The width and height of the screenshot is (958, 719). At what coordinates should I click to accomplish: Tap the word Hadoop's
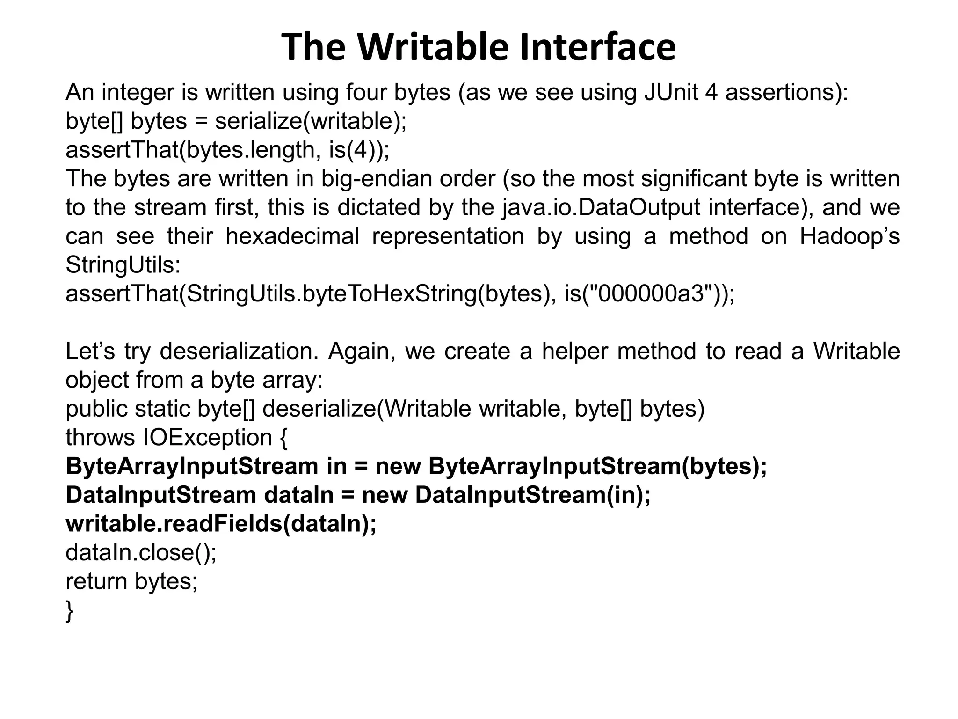(849, 236)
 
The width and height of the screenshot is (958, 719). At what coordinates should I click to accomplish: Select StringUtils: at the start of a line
(123, 265)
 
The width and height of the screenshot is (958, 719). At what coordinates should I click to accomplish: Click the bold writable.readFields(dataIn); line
(221, 524)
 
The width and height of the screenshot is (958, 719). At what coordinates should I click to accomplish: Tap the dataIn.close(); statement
(141, 553)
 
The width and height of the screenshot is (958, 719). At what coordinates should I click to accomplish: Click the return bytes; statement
(131, 581)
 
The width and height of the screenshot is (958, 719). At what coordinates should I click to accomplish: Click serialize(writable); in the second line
(311, 121)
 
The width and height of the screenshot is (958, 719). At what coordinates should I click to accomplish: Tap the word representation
(448, 236)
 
